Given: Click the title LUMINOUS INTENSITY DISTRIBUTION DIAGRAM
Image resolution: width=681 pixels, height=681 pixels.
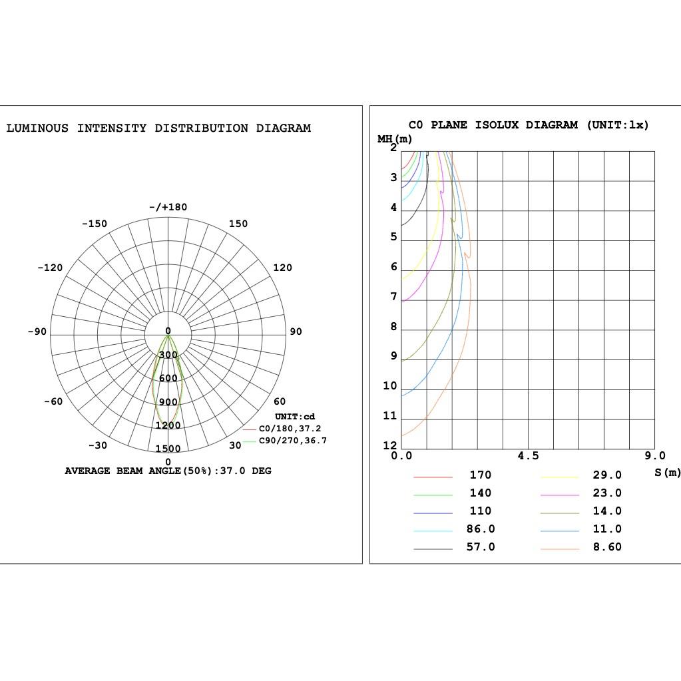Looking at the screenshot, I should [158, 128].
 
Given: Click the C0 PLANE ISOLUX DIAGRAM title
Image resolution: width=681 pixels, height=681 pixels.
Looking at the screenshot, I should [528, 124].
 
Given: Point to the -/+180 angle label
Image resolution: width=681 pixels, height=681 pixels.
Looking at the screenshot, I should [168, 207].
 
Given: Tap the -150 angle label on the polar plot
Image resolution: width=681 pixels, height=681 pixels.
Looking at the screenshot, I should [94, 224].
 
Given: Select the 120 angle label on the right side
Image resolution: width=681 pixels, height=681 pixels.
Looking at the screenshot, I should [282, 268].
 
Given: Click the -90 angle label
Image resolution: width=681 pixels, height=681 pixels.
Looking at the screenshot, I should [37, 332].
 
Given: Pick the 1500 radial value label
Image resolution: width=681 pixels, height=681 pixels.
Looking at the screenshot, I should [168, 449].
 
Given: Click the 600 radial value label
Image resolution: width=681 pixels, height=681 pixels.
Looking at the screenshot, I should [168, 378].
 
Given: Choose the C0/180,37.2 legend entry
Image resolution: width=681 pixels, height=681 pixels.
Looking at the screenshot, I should [290, 429].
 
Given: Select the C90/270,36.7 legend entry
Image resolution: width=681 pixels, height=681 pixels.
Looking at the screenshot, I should [292, 441].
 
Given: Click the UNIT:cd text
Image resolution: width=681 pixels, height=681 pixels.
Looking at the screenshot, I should [294, 417].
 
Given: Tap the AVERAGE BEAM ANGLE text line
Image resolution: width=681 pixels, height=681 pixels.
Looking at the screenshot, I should [168, 471].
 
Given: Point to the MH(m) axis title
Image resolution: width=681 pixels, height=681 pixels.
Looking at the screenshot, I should [395, 139].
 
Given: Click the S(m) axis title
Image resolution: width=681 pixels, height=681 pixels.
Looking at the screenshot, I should [667, 472].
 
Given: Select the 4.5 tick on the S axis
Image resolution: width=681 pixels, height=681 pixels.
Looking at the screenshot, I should [528, 456].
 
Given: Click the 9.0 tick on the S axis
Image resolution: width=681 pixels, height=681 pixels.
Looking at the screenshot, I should [654, 456].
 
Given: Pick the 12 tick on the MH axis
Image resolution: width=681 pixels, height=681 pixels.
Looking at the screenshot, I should [389, 445].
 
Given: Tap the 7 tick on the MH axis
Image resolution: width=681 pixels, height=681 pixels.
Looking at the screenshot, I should [393, 297].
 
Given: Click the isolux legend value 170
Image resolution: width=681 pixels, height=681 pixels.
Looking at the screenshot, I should [480, 475].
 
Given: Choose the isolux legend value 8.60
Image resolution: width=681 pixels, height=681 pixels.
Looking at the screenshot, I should [607, 547].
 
